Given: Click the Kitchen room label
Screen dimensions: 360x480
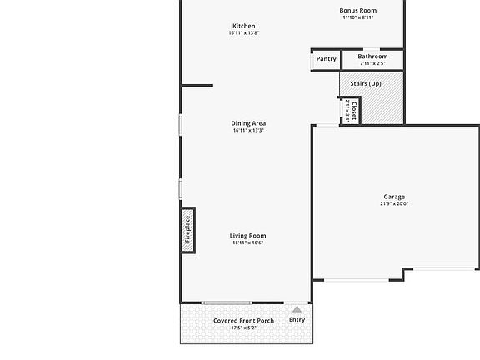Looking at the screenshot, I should pyautogui.click(x=244, y=26).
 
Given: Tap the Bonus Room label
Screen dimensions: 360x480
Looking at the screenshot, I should pyautogui.click(x=358, y=11).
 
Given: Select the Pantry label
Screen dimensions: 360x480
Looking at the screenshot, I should pyautogui.click(x=327, y=59).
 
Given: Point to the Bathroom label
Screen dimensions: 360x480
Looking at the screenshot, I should pyautogui.click(x=372, y=57).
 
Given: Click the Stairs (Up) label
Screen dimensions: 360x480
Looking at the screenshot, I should pyautogui.click(x=366, y=83).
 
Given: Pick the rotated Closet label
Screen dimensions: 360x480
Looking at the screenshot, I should pyautogui.click(x=353, y=110).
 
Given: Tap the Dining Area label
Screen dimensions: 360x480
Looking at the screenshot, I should pyautogui.click(x=248, y=123).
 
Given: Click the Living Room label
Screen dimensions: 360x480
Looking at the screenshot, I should pyautogui.click(x=247, y=236).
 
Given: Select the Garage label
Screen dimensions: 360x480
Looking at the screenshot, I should pyautogui.click(x=394, y=197).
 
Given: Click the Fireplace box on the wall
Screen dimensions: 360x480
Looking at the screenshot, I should pyautogui.click(x=187, y=228).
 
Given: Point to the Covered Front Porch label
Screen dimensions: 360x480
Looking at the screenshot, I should pyautogui.click(x=243, y=321).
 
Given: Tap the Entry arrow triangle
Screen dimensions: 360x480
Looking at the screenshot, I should pyautogui.click(x=297, y=309).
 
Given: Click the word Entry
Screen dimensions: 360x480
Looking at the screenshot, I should pyautogui.click(x=297, y=320).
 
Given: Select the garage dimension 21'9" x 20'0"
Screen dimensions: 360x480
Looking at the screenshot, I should pyautogui.click(x=394, y=204).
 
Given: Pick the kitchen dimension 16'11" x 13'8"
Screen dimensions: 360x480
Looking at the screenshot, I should pyautogui.click(x=244, y=33).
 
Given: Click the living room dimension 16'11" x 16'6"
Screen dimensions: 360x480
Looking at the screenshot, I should pyautogui.click(x=247, y=243).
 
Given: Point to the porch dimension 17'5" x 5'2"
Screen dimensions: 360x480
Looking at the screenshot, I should pyautogui.click(x=243, y=328).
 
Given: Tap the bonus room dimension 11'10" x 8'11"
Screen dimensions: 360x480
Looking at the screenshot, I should pyautogui.click(x=358, y=17).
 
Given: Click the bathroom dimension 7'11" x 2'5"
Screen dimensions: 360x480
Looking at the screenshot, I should pyautogui.click(x=372, y=63).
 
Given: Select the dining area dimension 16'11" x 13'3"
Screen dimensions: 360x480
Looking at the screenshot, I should pyautogui.click(x=248, y=131).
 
